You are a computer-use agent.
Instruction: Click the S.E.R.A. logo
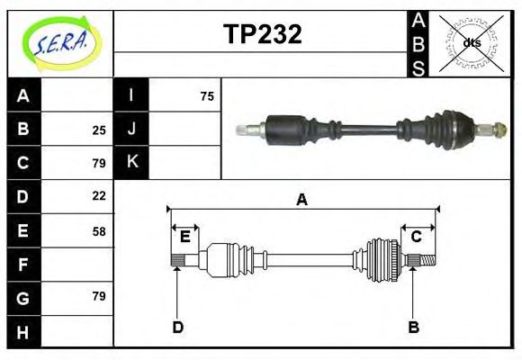point(59,43)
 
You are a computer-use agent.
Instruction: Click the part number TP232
point(262,34)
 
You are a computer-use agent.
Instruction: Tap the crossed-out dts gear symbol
point(471,42)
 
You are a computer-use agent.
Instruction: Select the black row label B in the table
point(23,130)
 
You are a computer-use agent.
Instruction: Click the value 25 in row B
point(99,130)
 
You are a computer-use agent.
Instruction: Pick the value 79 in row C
point(99,163)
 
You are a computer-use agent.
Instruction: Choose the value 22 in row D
point(99,195)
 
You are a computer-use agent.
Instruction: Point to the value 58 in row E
point(99,230)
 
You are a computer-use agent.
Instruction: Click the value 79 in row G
point(99,296)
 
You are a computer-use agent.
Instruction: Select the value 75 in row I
point(207,96)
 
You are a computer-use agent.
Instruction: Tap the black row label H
point(23,332)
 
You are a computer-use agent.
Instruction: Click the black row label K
point(131,162)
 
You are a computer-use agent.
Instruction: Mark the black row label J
point(131,130)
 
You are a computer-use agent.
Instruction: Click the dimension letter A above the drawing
point(302,200)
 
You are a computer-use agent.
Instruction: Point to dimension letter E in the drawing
point(184,237)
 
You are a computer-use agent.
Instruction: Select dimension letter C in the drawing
point(417,237)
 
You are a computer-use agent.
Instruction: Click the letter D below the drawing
point(177,327)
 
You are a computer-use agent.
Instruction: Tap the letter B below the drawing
point(413,327)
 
